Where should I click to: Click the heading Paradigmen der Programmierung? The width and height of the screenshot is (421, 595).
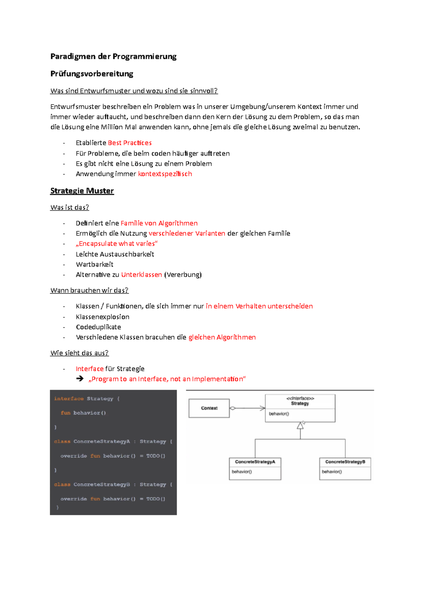coord(113,56)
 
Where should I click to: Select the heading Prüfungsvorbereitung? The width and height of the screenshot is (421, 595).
coord(92,74)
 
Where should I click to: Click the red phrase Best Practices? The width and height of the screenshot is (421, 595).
coord(130,143)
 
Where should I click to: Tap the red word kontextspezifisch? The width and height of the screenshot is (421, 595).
coord(165,174)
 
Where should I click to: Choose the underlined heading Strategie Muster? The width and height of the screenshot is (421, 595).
coord(82,191)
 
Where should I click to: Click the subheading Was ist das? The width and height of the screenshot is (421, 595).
coord(69,207)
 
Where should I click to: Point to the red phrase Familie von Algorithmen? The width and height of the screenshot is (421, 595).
coord(159,223)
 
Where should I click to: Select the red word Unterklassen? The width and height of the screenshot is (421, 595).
coord(141,275)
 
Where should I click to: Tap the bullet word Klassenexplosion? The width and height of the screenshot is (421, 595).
coord(102,317)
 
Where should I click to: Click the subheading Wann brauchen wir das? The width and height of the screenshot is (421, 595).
coord(89,290)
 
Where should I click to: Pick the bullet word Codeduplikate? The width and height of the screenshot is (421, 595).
coord(98,327)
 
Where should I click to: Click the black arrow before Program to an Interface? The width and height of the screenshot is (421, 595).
coord(80,379)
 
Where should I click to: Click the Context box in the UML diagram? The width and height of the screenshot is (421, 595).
coord(209,408)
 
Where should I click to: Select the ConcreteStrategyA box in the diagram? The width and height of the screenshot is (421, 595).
coord(255,469)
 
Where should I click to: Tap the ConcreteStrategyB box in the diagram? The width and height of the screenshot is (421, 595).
coord(345,469)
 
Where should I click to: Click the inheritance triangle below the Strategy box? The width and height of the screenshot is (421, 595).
coord(300,426)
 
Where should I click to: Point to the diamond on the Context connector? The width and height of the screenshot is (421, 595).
coord(233,408)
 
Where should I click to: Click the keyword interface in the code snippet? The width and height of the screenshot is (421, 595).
coord(69,399)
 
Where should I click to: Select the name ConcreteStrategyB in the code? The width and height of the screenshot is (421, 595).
coord(102,484)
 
